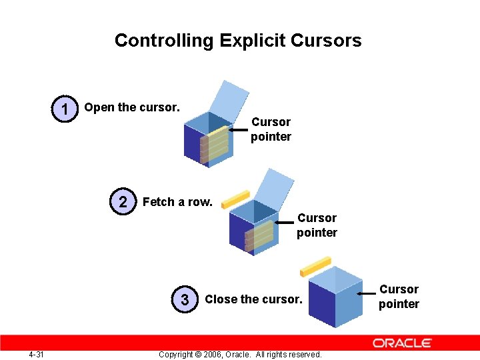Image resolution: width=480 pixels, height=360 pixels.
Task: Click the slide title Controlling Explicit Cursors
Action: pos(238,41)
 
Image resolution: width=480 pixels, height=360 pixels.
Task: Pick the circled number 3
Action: pos(185,299)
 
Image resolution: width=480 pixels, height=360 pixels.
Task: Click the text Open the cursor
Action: pos(132,107)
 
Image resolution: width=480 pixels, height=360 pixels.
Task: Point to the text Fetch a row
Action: pos(177,202)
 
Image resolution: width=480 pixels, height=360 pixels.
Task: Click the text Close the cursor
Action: pos(253,299)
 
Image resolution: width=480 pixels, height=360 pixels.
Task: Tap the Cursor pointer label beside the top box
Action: pos(271,129)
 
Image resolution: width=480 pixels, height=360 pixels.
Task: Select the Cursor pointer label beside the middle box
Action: pos(317,225)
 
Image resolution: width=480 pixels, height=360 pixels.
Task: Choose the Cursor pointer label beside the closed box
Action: pos(399,297)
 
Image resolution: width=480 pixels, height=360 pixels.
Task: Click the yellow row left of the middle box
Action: pos(235,199)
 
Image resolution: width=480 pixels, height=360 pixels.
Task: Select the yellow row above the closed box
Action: pos(315,266)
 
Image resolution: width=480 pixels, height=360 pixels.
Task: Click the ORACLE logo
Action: pos(402,343)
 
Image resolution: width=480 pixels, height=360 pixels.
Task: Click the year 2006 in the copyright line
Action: pos(220,354)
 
